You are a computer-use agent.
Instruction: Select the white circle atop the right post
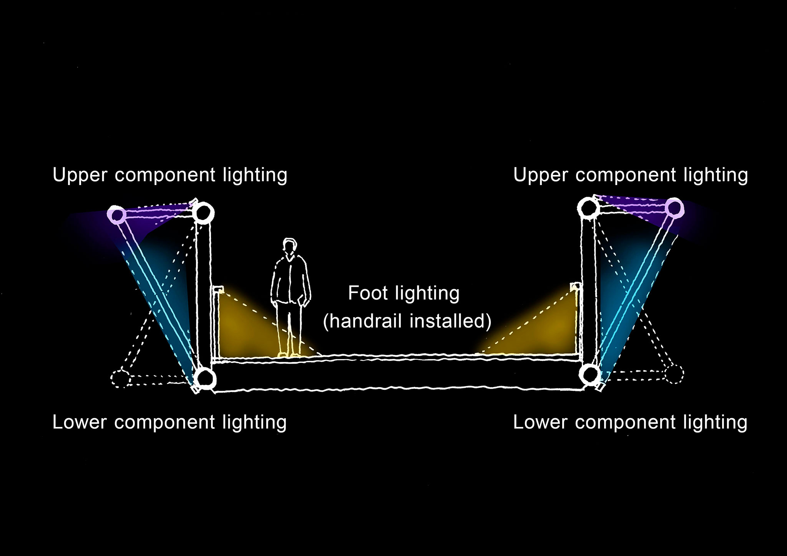[589, 208]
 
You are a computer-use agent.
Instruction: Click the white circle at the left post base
[205, 378]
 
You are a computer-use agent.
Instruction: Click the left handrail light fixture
[218, 289]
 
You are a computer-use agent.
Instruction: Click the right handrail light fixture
[575, 286]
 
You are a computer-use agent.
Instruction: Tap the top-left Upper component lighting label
[170, 175]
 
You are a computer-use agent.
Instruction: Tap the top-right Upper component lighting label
[631, 175]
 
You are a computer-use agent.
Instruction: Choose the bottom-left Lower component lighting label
[169, 422]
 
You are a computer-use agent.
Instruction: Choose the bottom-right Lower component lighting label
[630, 422]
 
